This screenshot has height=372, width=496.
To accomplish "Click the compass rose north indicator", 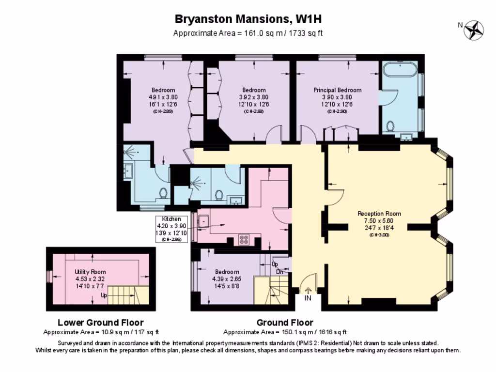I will (473, 30).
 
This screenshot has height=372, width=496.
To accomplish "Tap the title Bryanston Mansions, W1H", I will (248, 19).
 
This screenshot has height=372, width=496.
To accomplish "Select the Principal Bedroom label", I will (337, 90).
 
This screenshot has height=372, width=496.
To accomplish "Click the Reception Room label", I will (379, 214).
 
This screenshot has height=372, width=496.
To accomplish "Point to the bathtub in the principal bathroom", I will (399, 71).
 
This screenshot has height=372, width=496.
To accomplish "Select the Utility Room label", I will (90, 272).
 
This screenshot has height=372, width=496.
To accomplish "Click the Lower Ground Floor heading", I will (100, 322).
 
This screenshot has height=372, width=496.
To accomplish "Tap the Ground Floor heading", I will (285, 322).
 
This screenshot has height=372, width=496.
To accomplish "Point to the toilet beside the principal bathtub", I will (390, 126).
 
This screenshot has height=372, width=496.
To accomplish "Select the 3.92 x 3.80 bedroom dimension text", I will (254, 97).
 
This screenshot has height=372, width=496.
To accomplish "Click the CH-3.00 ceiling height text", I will (379, 235).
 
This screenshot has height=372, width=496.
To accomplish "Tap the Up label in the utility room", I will (104, 295).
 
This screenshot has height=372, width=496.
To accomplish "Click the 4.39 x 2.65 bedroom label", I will (226, 279).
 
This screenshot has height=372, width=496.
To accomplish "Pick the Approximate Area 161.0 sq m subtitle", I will (248, 33).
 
